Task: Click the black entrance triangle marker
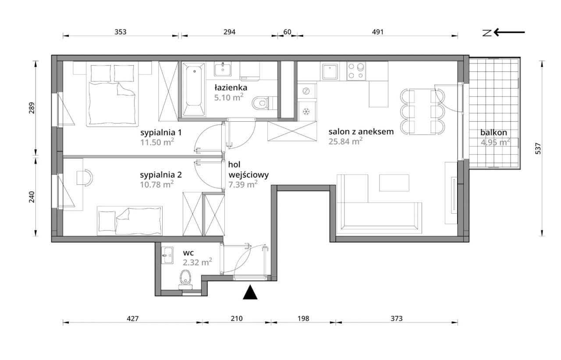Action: (x=250, y=293)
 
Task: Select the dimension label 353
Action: (x=121, y=32)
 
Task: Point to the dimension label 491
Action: (x=378, y=32)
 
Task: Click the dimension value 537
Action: (x=538, y=148)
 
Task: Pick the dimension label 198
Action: (x=303, y=318)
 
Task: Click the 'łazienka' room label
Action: (x=231, y=88)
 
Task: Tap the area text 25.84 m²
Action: (x=345, y=141)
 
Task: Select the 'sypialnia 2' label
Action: (x=161, y=175)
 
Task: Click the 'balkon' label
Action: (x=494, y=132)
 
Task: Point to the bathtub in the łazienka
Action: (x=194, y=89)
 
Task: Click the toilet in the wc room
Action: (x=185, y=280)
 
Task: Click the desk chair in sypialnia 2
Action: (x=85, y=177)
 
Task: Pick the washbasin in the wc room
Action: (x=167, y=255)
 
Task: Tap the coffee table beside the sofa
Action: (x=394, y=183)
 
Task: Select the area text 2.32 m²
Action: (x=197, y=262)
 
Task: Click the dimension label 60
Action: (x=287, y=32)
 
